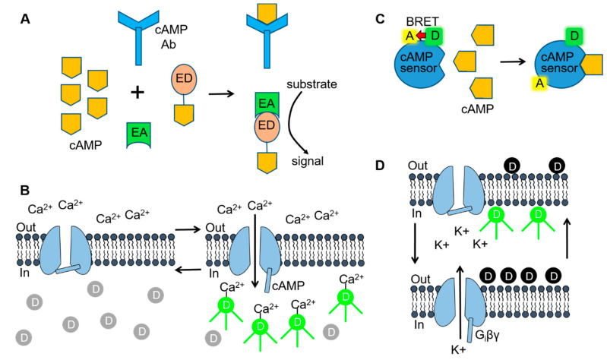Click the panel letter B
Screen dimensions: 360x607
[x=24, y=187]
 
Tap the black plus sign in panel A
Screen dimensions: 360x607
[x=137, y=93]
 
